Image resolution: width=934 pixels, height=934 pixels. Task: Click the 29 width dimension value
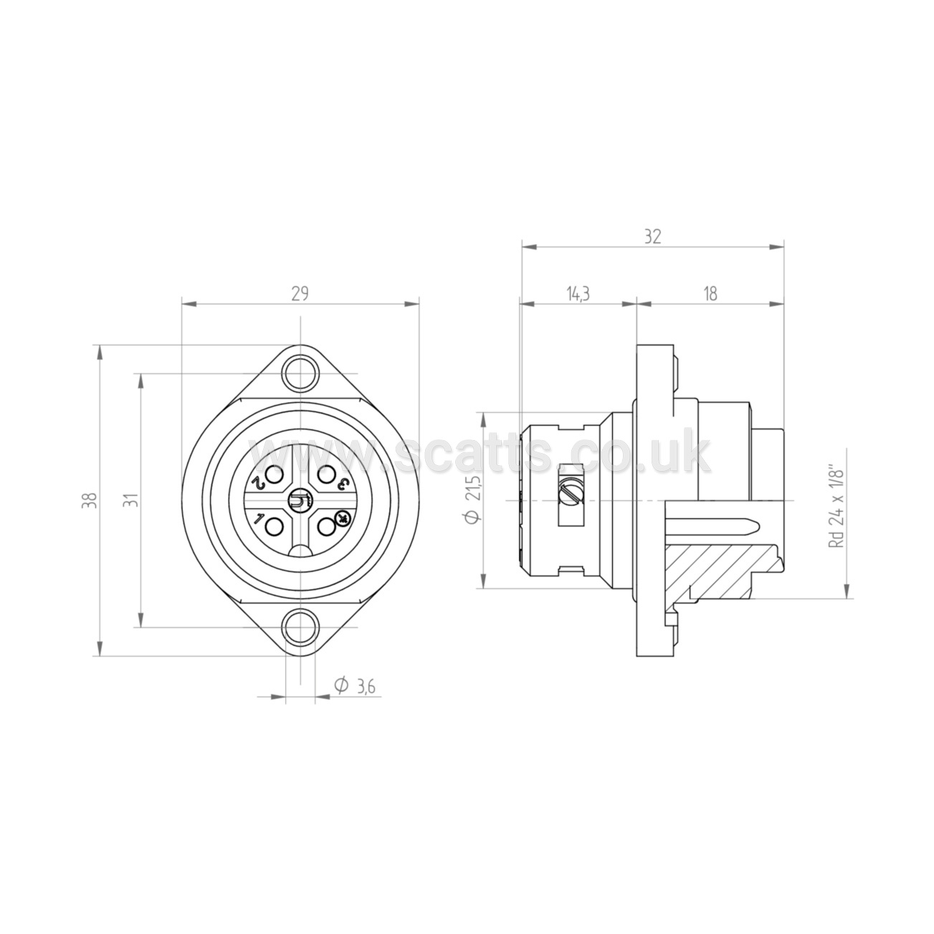point(300,293)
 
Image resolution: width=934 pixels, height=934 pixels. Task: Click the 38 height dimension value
point(92,500)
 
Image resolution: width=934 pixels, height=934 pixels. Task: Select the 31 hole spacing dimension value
point(133,500)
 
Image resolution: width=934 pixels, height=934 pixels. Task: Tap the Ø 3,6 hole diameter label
point(356,686)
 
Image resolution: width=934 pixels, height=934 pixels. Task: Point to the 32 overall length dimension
point(652,237)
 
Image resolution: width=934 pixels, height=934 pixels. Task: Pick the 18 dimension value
point(710,294)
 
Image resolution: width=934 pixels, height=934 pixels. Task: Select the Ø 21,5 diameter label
point(473,500)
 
